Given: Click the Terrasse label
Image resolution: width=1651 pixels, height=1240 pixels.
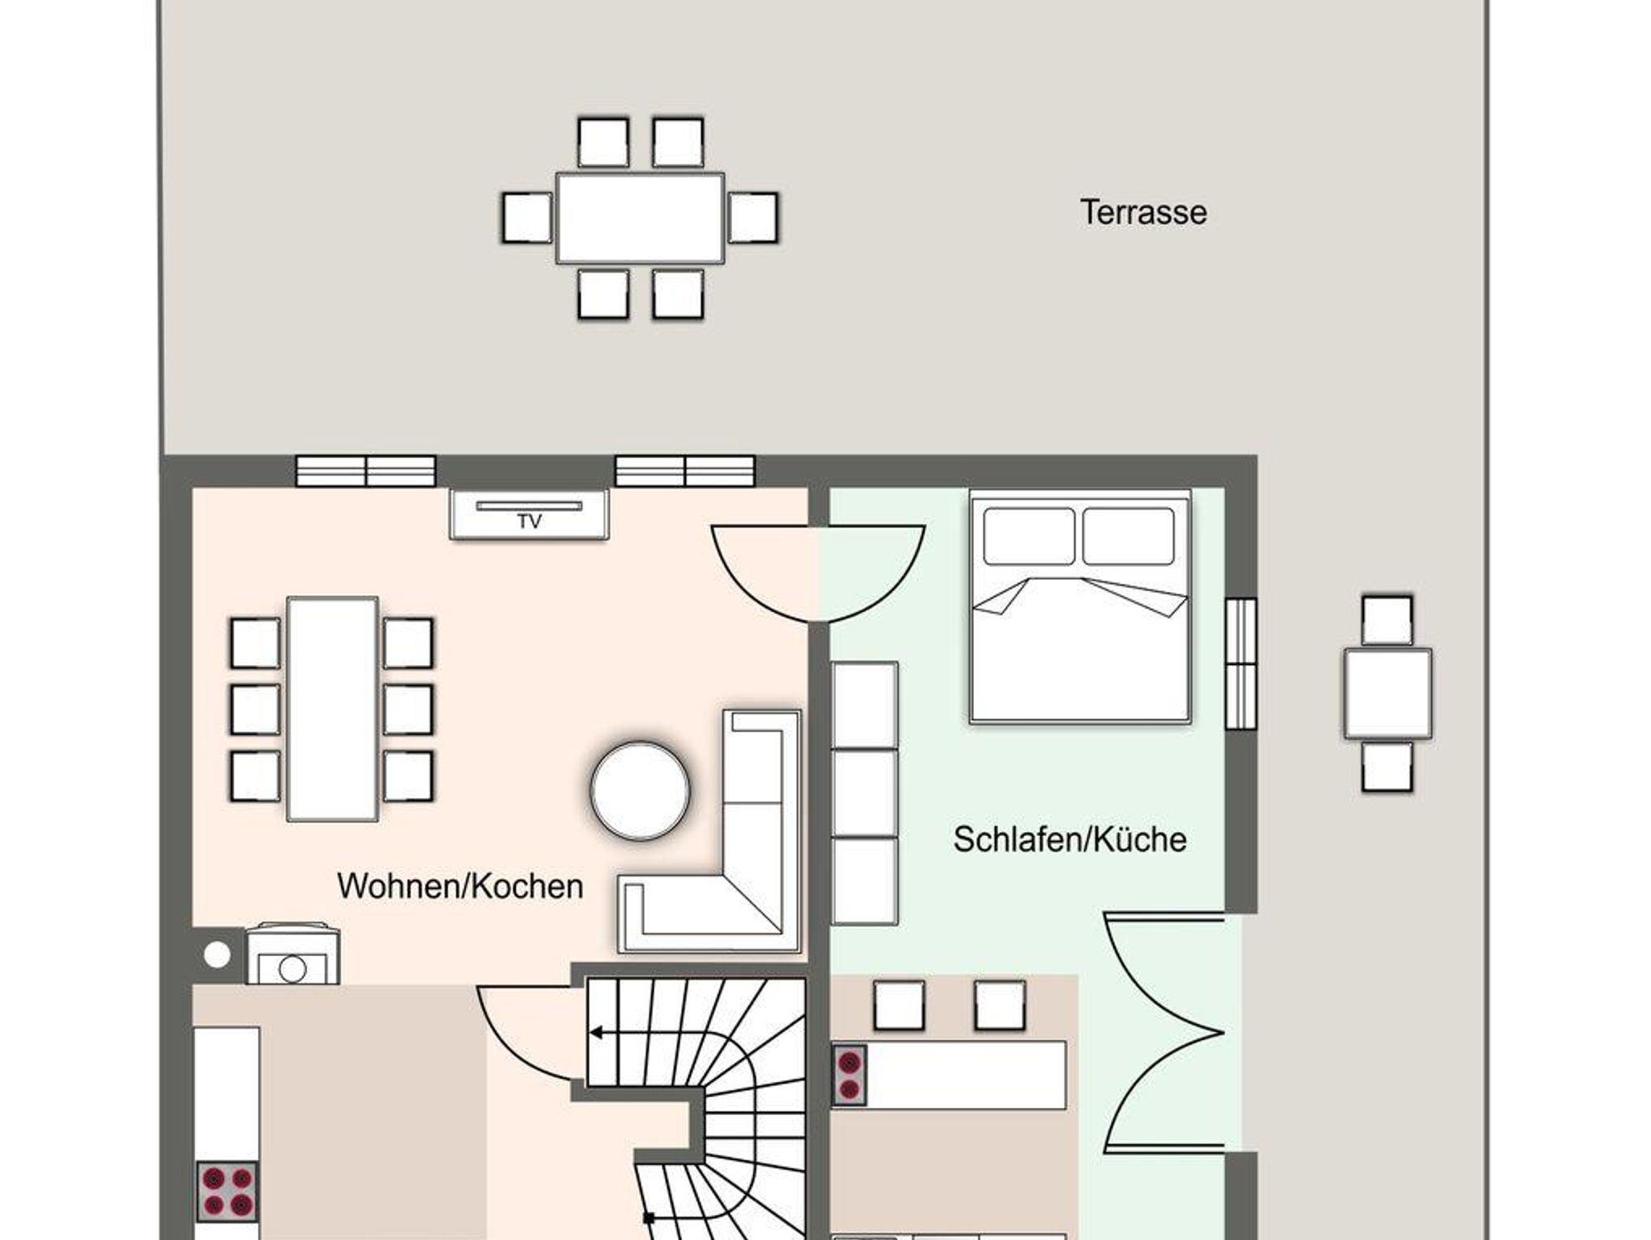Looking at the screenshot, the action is pyautogui.click(x=1143, y=213).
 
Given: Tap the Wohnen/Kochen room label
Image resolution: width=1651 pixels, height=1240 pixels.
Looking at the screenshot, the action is pyautogui.click(x=460, y=886).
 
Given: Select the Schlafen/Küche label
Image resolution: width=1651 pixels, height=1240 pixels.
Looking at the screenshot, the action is pyautogui.click(x=1070, y=839).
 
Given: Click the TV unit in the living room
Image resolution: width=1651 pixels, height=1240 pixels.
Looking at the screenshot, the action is pyautogui.click(x=529, y=514).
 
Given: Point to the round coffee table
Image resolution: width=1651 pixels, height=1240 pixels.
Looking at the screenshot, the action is pyautogui.click(x=640, y=790).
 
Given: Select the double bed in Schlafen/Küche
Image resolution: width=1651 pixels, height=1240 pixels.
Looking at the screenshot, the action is pyautogui.click(x=1080, y=606).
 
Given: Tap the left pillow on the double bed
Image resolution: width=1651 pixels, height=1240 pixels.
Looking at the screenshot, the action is pyautogui.click(x=1029, y=536).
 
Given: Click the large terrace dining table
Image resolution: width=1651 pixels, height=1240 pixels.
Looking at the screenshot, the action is pyautogui.click(x=640, y=218).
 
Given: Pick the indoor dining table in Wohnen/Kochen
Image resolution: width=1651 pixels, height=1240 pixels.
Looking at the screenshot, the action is pyautogui.click(x=332, y=709).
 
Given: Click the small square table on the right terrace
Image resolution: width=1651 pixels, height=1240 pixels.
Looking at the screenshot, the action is pyautogui.click(x=1387, y=693).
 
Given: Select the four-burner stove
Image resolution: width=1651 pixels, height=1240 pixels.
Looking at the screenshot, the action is pyautogui.click(x=227, y=1191).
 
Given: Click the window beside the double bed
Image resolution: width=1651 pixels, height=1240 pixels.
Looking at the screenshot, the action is pyautogui.click(x=1241, y=664).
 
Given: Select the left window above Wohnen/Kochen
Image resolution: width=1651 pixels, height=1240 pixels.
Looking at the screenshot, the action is pyautogui.click(x=366, y=471).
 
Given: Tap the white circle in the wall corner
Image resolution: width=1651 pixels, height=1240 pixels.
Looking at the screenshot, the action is pyautogui.click(x=217, y=955).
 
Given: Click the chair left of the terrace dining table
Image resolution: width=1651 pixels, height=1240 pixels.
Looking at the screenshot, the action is pyautogui.click(x=527, y=218).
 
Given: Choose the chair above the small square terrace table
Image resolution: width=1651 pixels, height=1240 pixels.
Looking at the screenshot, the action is pyautogui.click(x=1387, y=621).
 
